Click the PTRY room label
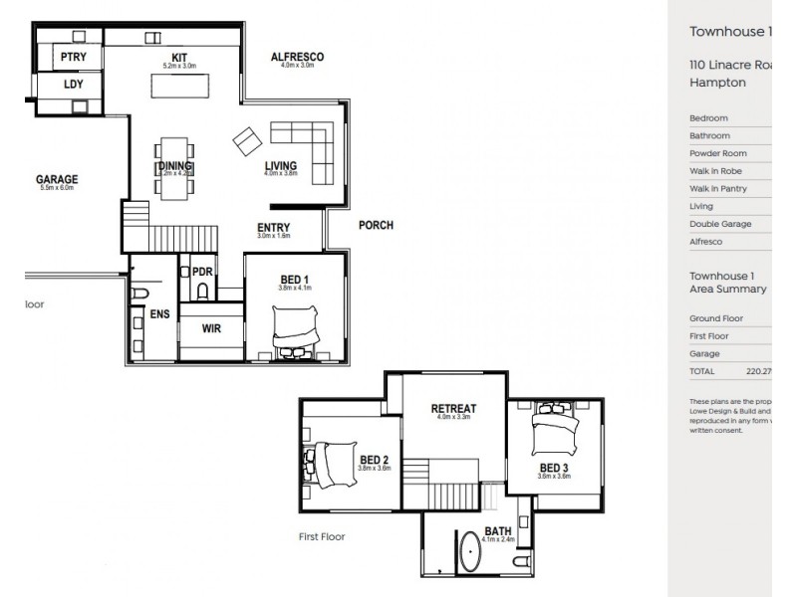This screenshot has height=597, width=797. pyautogui.click(x=74, y=57)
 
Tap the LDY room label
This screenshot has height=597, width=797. pyautogui.click(x=74, y=85)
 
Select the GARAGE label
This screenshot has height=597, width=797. pyautogui.click(x=58, y=180)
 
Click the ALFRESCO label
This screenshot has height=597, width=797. pyautogui.click(x=297, y=58)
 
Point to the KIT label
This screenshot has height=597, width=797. pyautogui.click(x=180, y=58)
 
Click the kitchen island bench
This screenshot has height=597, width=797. pyautogui.click(x=180, y=88)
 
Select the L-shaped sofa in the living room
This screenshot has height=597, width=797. pyautogui.click(x=309, y=139)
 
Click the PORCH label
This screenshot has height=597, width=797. pyautogui.click(x=376, y=225)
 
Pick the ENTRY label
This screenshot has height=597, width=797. pyautogui.click(x=273, y=227)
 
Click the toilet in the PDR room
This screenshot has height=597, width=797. pyautogui.click(x=202, y=290)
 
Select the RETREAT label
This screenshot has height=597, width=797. pyautogui.click(x=453, y=408)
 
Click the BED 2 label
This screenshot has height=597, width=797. pyautogui.click(x=374, y=459)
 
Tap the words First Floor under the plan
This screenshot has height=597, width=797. pyautogui.click(x=322, y=536)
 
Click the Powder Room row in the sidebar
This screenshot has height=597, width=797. pyautogui.click(x=715, y=153)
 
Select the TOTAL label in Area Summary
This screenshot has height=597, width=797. pyautogui.click(x=702, y=371)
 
